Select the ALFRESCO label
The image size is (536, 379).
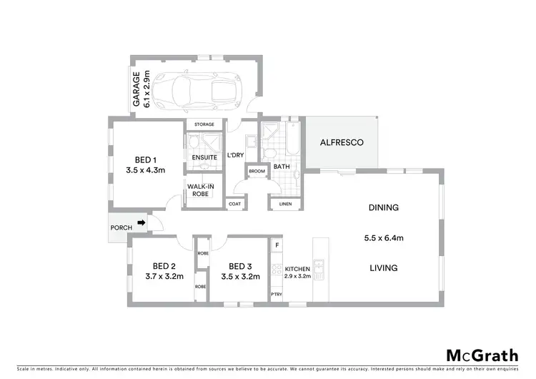(x=341, y=143)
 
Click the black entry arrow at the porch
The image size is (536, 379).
(x=141, y=223)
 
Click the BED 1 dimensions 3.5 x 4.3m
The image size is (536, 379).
(x=146, y=170)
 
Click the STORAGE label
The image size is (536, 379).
(x=204, y=124)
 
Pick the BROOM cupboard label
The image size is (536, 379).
(x=257, y=172)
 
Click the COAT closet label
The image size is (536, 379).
(x=235, y=204)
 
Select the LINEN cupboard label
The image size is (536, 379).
(x=285, y=204)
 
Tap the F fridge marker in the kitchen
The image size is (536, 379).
(x=277, y=245)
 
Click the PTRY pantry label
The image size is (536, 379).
(x=276, y=294)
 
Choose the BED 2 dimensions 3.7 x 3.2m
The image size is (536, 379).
(x=160, y=275)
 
